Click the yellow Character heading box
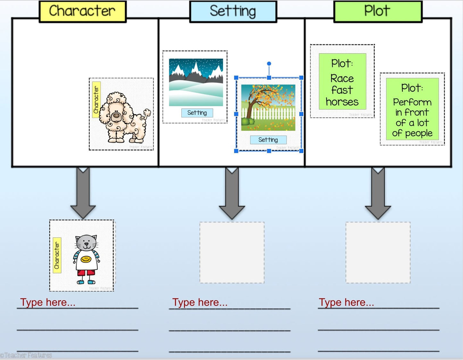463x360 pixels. tap(82, 12)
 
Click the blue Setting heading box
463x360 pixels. tap(233, 12)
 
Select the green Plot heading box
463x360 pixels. tap(377, 12)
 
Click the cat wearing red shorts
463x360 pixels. tap(86, 259)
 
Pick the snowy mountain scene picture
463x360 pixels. tap(196, 82)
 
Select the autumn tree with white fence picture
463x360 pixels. tap(268, 108)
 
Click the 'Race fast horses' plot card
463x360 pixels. tap(342, 82)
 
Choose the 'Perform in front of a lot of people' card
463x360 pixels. tap(412, 109)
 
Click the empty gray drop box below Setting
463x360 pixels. tap(232, 252)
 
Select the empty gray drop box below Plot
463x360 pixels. tap(378, 252)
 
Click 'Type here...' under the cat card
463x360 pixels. tap(48, 302)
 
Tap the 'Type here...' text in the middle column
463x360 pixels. tap(200, 302)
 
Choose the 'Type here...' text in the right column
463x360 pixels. tap(346, 302)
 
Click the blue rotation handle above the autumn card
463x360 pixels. tap(269, 64)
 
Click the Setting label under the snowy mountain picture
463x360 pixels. tap(197, 113)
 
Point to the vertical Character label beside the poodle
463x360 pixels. tap(96, 100)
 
